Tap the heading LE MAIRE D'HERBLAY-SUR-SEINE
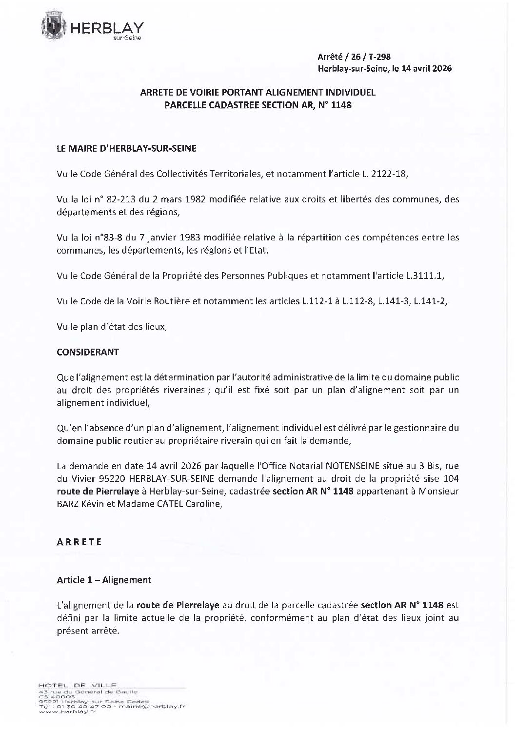click(x=126, y=149)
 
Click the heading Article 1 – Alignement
click(x=104, y=580)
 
